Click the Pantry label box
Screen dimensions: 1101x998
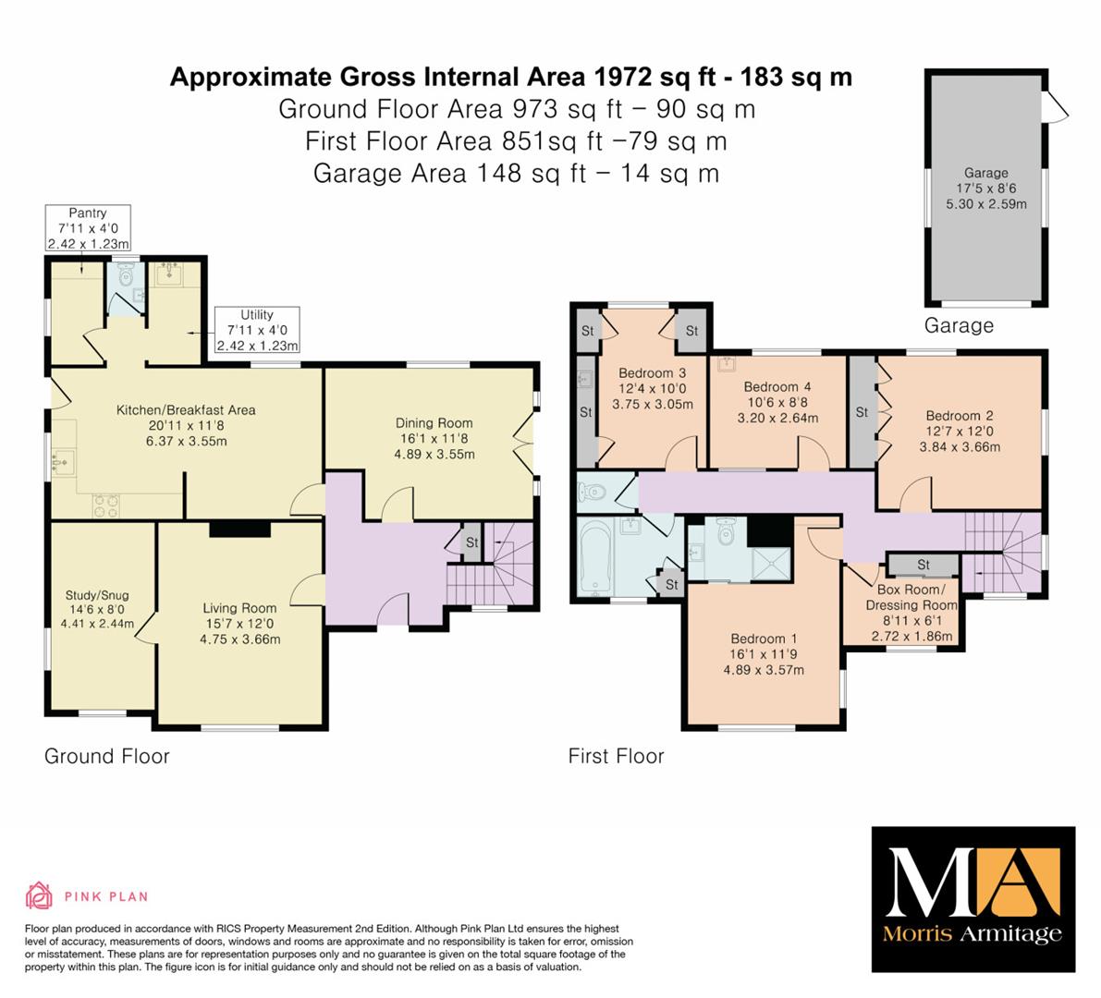pyautogui.click(x=88, y=228)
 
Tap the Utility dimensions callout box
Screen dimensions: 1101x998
pyautogui.click(x=257, y=330)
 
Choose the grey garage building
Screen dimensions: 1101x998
pyautogui.click(x=985, y=188)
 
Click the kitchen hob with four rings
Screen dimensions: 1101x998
pyautogui.click(x=106, y=505)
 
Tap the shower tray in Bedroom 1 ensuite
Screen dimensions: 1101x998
pyautogui.click(x=772, y=564)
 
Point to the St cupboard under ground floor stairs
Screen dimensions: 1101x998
pyautogui.click(x=471, y=542)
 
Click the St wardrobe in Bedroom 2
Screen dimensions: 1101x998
pyautogui.click(x=862, y=413)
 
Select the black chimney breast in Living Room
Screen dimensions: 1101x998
pyautogui.click(x=239, y=529)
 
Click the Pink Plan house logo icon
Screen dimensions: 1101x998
pyautogui.click(x=40, y=895)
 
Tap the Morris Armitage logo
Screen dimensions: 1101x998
pyautogui.click(x=973, y=899)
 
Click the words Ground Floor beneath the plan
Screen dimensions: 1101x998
pyautogui.click(x=106, y=756)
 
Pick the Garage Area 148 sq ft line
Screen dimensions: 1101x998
pyautogui.click(x=516, y=174)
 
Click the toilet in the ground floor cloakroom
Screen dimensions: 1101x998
pyautogui.click(x=126, y=276)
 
